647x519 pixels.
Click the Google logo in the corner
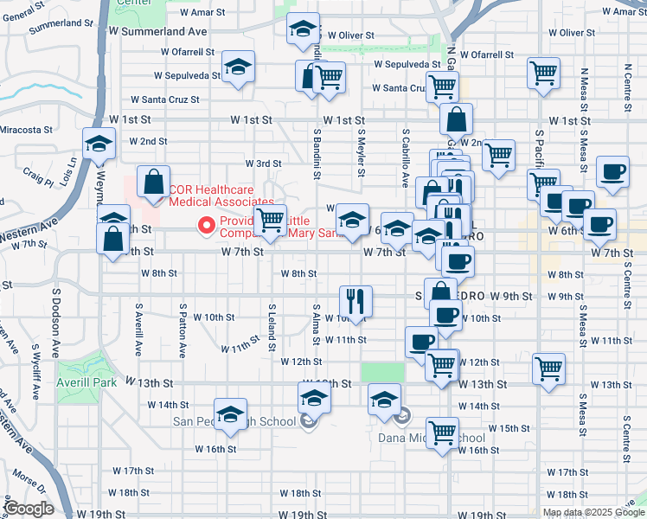tap(29, 509)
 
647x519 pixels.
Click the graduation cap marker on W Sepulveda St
tap(238, 66)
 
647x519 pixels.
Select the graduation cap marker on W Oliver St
tap(303, 30)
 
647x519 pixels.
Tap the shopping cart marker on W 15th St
tap(443, 431)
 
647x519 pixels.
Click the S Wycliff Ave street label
tap(34, 369)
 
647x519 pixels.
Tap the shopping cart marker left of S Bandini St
tap(271, 220)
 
